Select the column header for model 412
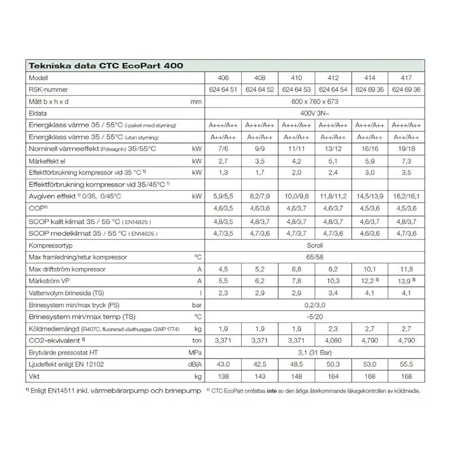(x=332, y=78)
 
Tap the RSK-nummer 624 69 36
(x=406, y=90)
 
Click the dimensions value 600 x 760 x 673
(x=315, y=102)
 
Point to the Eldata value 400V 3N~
(x=315, y=113)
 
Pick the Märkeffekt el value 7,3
(x=406, y=162)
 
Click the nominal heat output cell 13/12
(x=332, y=149)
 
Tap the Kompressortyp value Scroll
(x=315, y=245)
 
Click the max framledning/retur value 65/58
(x=315, y=257)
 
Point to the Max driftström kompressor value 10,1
(x=369, y=269)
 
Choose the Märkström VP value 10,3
(x=332, y=281)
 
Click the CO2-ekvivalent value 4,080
(x=332, y=341)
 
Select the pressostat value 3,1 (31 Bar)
(x=315, y=353)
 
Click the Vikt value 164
(x=332, y=377)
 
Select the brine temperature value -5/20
(x=315, y=317)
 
